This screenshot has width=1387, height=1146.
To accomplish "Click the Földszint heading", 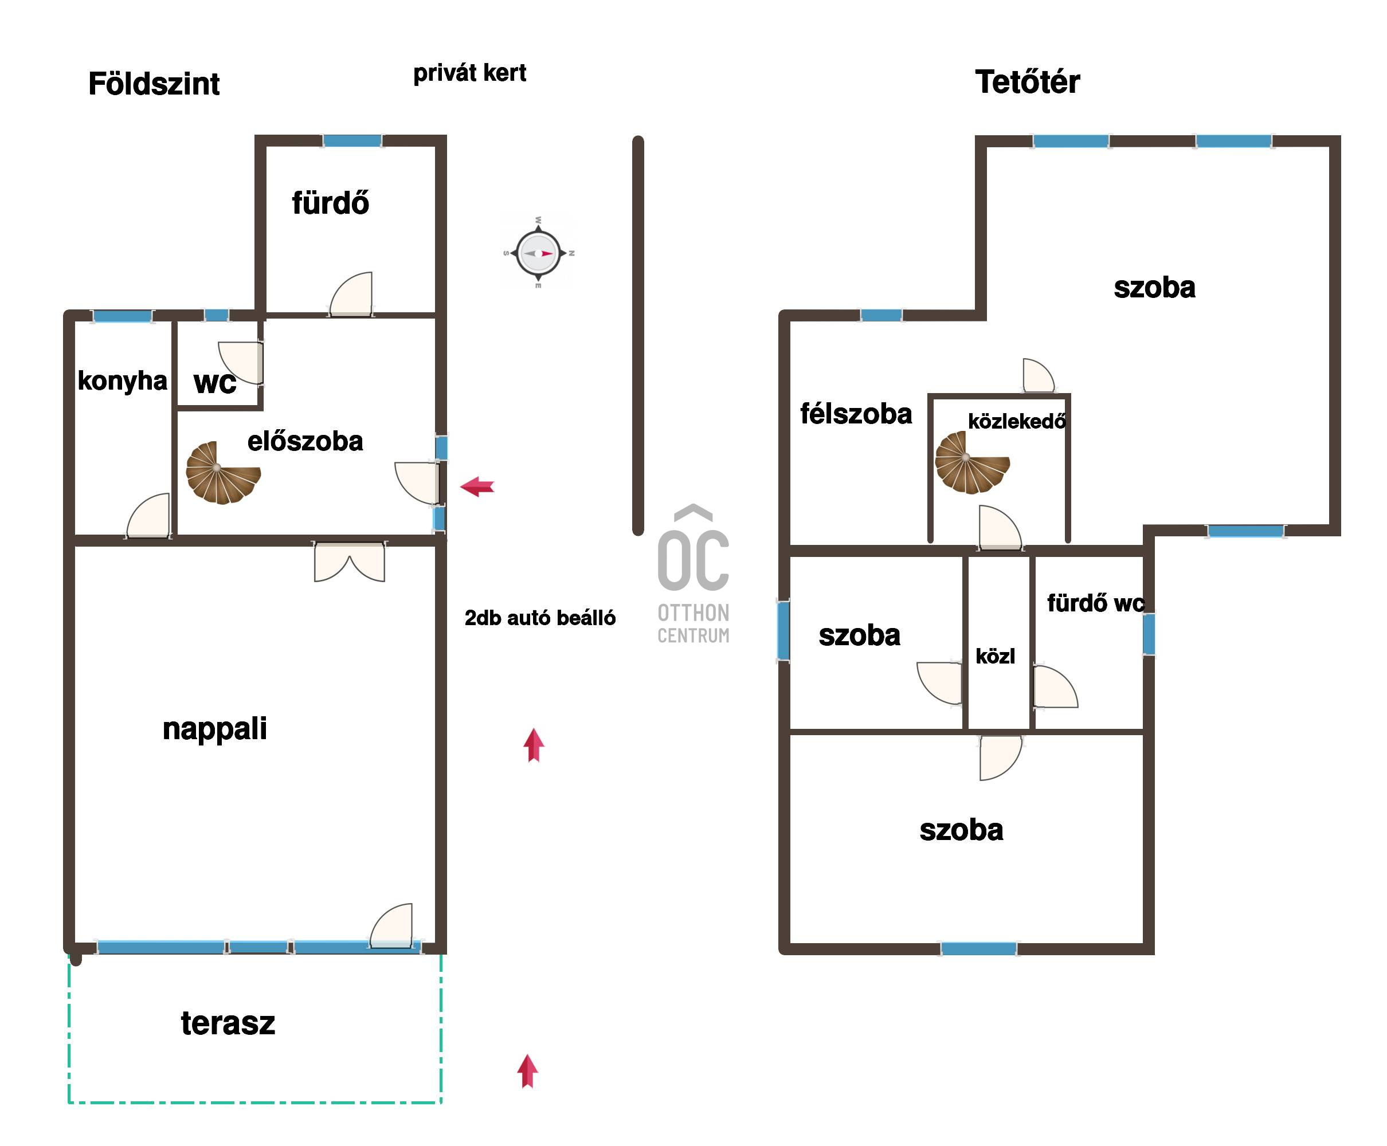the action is click(153, 84).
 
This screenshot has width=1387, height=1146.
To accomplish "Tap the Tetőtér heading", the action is click(1026, 82).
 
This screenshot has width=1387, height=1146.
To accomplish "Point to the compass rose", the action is click(538, 253).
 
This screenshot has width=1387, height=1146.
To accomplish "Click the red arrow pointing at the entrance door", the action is click(477, 487).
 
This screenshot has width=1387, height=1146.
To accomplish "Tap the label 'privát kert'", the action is click(469, 73).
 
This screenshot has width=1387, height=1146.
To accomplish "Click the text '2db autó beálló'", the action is click(540, 618).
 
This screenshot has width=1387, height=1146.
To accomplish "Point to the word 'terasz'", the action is click(228, 1023).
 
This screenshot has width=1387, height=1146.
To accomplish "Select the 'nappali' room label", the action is click(214, 729).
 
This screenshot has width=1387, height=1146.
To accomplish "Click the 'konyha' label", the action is click(122, 381).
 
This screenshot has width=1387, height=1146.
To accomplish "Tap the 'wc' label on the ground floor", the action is click(214, 383).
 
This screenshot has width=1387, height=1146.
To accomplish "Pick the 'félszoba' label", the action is click(856, 414).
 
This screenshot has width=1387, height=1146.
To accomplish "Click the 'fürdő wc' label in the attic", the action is click(1095, 603).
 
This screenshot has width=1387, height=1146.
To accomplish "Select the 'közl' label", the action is click(995, 656).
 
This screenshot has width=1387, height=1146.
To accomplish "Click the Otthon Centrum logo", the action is click(693, 574).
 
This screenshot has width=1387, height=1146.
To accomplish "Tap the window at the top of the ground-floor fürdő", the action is click(352, 140).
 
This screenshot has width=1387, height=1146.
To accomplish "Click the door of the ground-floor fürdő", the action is click(351, 295).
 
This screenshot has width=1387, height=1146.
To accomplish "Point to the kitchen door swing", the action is click(148, 516).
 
